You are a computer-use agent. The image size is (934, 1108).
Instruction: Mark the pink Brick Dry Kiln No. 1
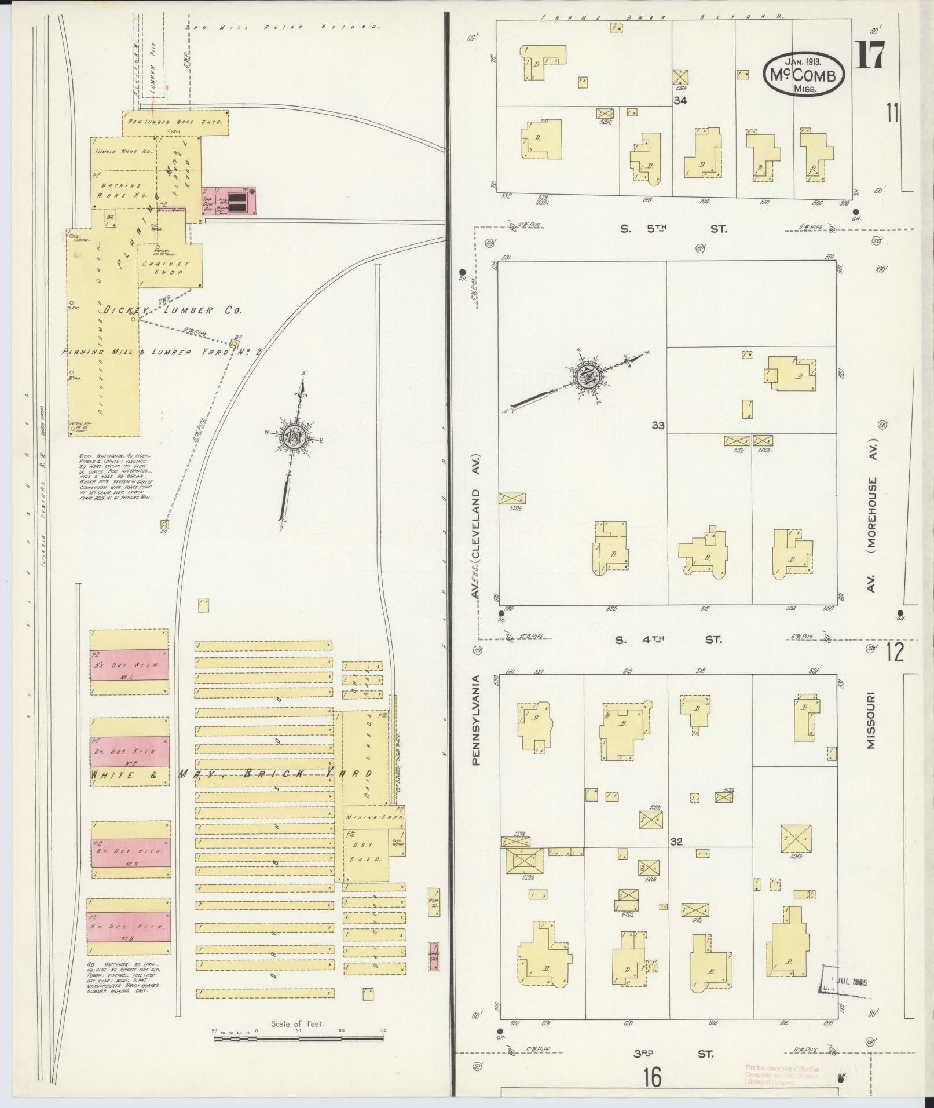(129, 661)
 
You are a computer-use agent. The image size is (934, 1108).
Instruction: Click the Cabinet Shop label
(163, 267)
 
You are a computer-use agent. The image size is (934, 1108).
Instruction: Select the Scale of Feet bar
(299, 1039)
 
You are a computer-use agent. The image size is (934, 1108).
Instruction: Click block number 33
(658, 425)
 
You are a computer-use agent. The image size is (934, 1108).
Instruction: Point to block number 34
(680, 101)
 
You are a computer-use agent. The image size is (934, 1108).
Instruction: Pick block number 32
(676, 841)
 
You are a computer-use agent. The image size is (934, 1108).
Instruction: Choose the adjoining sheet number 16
(651, 1078)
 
